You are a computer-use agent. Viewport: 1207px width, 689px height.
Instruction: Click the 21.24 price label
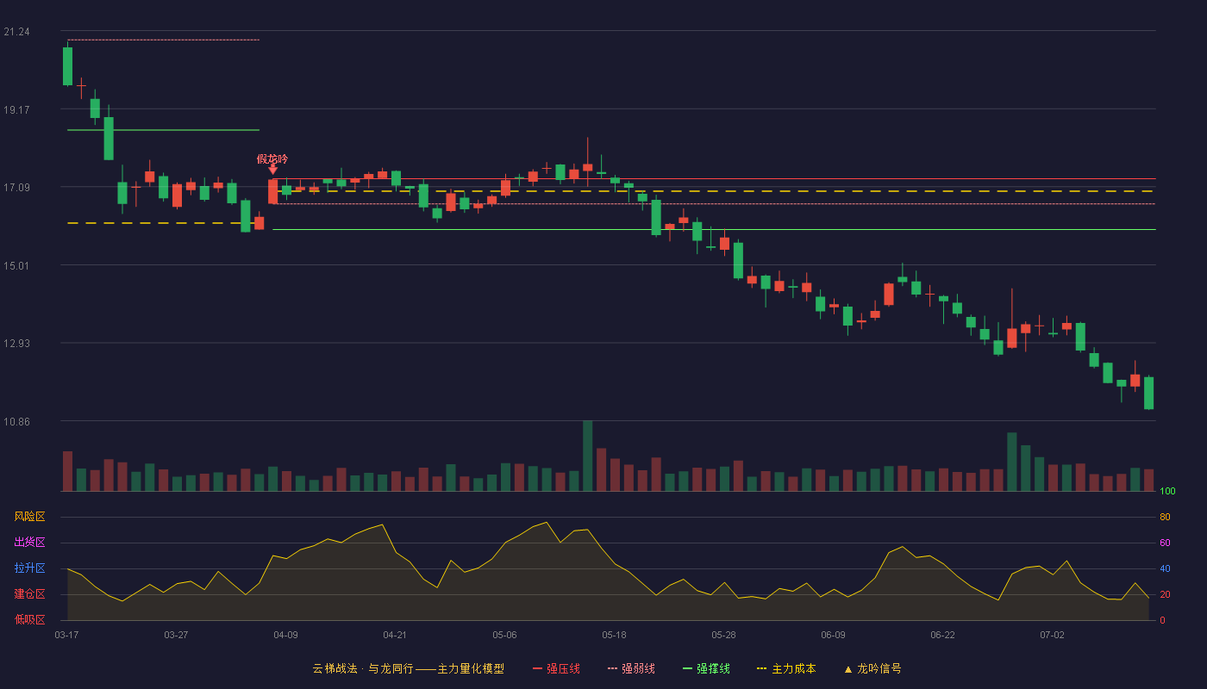click(x=16, y=32)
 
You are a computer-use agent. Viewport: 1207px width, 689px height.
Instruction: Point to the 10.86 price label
click(x=16, y=421)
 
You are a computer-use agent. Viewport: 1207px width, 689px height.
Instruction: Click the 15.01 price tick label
click(x=16, y=266)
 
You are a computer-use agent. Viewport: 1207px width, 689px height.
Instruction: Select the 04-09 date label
click(x=285, y=636)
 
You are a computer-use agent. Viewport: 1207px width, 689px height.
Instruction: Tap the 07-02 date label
click(x=1052, y=636)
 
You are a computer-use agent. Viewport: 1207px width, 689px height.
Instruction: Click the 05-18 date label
click(x=614, y=636)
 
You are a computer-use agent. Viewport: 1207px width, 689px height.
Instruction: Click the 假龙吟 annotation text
click(x=272, y=158)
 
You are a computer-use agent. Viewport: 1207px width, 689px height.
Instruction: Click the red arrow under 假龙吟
click(x=273, y=170)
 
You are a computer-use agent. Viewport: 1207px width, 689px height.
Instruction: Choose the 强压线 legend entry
click(x=556, y=668)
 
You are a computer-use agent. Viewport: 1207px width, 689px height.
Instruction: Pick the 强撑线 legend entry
click(x=706, y=668)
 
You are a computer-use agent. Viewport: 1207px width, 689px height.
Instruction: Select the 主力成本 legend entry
click(x=786, y=668)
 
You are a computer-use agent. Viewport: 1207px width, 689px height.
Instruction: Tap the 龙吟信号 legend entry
click(x=872, y=668)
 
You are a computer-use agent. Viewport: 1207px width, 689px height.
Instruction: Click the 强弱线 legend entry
click(x=631, y=668)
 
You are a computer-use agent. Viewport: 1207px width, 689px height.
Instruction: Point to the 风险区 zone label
click(x=29, y=517)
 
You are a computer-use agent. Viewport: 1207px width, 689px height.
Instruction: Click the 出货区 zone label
click(x=29, y=542)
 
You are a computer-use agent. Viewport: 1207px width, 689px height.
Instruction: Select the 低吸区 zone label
click(x=29, y=619)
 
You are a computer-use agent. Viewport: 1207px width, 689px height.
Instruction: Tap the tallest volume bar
click(x=587, y=456)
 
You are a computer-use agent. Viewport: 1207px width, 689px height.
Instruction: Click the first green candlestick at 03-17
click(x=67, y=66)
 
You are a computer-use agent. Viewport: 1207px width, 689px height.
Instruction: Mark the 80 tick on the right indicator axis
click(x=1165, y=517)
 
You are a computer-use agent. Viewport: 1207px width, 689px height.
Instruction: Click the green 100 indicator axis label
click(x=1167, y=491)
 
